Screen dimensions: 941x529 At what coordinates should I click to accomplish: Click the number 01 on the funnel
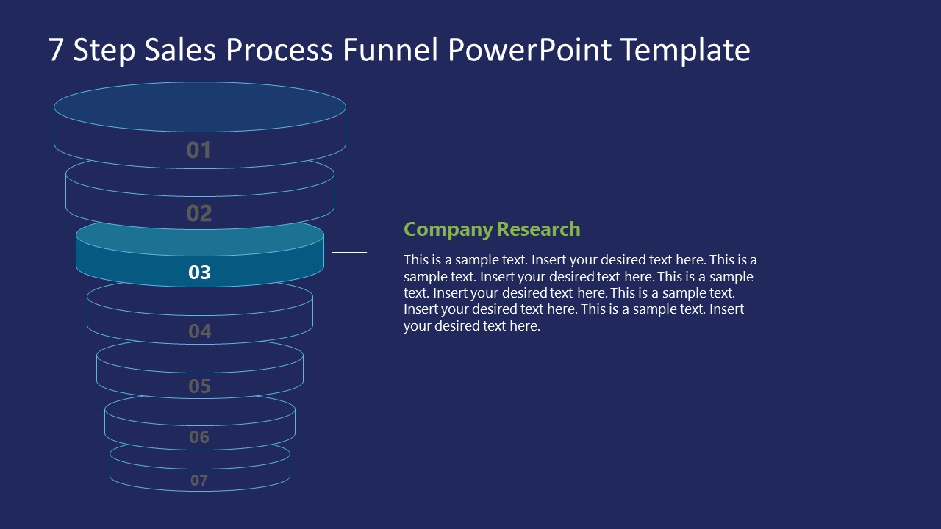point(198,150)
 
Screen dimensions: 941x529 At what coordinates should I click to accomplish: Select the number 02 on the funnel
point(199,213)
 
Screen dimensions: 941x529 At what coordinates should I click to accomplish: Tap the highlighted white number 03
point(199,273)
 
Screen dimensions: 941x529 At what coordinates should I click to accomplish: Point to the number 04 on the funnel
point(200,331)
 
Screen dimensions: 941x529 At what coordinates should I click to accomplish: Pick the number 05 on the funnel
point(199,386)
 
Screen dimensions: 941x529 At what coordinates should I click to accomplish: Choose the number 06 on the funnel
point(199,437)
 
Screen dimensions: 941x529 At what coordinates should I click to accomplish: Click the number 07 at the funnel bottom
point(199,481)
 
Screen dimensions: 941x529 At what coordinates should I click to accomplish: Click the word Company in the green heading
point(448,230)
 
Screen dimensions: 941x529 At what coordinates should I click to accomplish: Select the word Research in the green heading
point(539,229)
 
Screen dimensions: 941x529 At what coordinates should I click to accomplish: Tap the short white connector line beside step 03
point(349,252)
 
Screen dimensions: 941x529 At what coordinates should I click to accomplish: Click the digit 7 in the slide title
point(55,50)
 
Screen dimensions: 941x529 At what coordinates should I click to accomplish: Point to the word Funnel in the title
point(390,49)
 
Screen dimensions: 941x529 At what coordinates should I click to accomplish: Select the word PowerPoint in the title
point(529,49)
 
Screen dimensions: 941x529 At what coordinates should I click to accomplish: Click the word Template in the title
point(686,51)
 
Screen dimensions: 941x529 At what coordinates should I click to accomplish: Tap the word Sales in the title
point(180,49)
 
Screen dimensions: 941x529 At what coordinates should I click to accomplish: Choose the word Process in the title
point(279,49)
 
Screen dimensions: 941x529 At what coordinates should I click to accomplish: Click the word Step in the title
point(104,51)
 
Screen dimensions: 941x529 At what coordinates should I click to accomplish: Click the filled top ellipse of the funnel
point(200,107)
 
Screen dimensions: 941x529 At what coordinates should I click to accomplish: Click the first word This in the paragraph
point(416,260)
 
